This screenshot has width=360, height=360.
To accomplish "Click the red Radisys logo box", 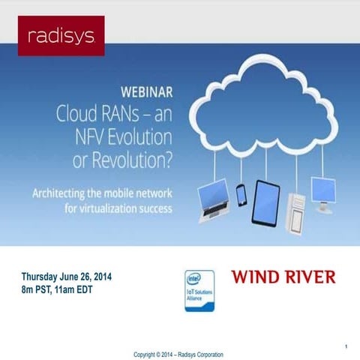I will pyautogui.click(x=61, y=35).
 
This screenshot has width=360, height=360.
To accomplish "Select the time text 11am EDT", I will pyautogui.click(x=84, y=289).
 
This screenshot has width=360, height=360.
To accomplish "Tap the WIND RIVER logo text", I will pyautogui.click(x=283, y=277).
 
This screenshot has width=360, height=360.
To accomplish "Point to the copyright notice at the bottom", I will pyautogui.click(x=178, y=354).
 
